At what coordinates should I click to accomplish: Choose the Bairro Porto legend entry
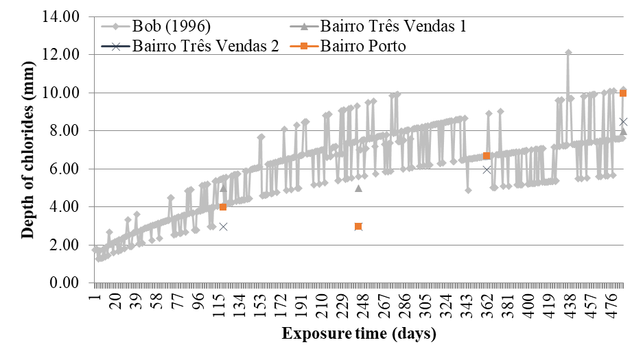coord(367,47)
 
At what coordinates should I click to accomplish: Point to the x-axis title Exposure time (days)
coord(358,335)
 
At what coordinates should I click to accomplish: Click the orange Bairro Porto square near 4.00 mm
coord(223,207)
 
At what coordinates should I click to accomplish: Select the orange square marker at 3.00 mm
coord(358,226)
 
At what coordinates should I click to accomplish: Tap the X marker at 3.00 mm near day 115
coord(223,226)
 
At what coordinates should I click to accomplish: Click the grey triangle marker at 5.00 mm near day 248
coord(358,188)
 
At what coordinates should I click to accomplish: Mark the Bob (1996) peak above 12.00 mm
coord(568,52)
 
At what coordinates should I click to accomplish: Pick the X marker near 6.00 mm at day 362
coord(487,169)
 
